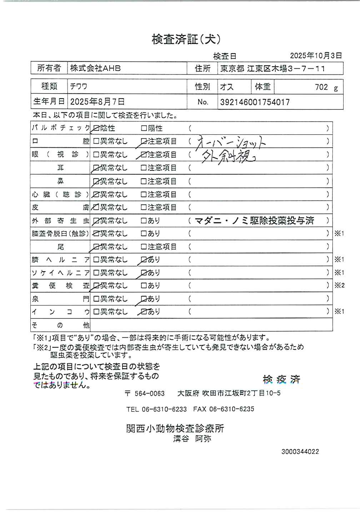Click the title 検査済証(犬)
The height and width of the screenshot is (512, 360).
[186, 39]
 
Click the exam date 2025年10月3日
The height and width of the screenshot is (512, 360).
[316, 55]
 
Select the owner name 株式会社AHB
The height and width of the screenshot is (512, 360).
[95, 68]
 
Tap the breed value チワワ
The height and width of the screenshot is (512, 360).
[79, 86]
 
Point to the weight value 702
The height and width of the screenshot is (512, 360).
[321, 87]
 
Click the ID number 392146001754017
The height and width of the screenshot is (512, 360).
[255, 102]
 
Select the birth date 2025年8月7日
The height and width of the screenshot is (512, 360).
[97, 102]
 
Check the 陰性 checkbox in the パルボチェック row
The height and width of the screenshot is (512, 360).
[96, 128]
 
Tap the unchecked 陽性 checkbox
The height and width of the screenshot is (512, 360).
[144, 128]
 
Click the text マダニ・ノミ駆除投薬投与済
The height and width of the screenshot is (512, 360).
[255, 220]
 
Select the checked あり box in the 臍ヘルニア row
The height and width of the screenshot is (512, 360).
[144, 260]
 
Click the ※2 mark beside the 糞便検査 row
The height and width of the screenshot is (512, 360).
[339, 285]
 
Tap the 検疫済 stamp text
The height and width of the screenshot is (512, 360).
[281, 379]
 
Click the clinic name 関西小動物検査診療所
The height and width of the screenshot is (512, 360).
[175, 428]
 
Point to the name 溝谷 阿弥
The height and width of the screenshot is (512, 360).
[192, 439]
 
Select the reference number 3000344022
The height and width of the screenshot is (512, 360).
[300, 452]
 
